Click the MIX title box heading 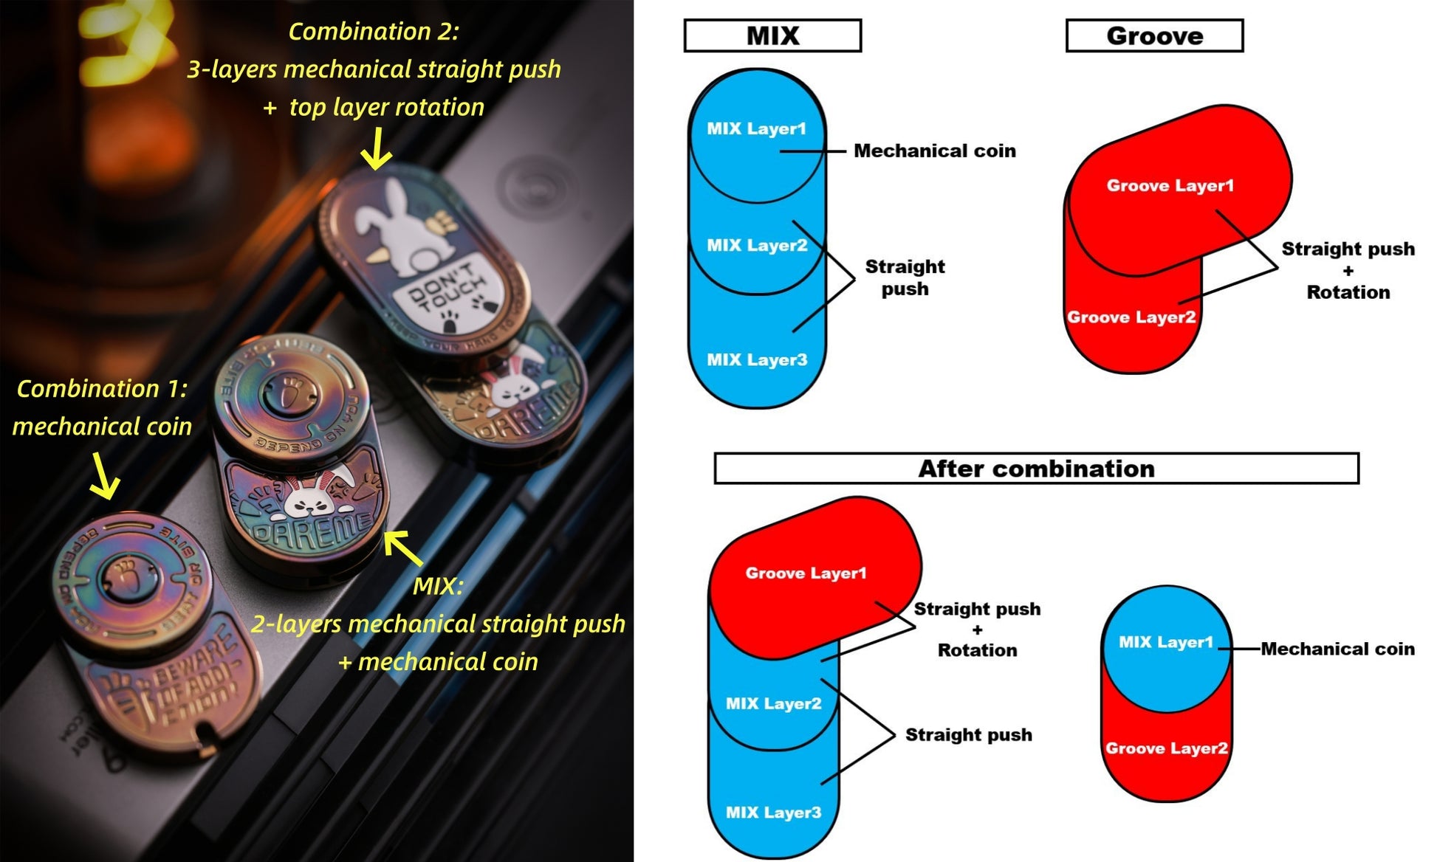772,35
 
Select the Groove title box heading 1154,35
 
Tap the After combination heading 1036,469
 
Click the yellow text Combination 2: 374,32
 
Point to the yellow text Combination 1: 102,389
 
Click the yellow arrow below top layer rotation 377,150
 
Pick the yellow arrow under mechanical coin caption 104,477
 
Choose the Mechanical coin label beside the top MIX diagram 934,151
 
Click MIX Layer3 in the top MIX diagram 757,360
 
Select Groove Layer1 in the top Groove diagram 1170,186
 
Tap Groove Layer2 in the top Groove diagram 1131,317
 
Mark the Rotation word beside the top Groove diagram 1348,292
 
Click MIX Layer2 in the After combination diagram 773,704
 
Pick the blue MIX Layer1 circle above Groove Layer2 1165,643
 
